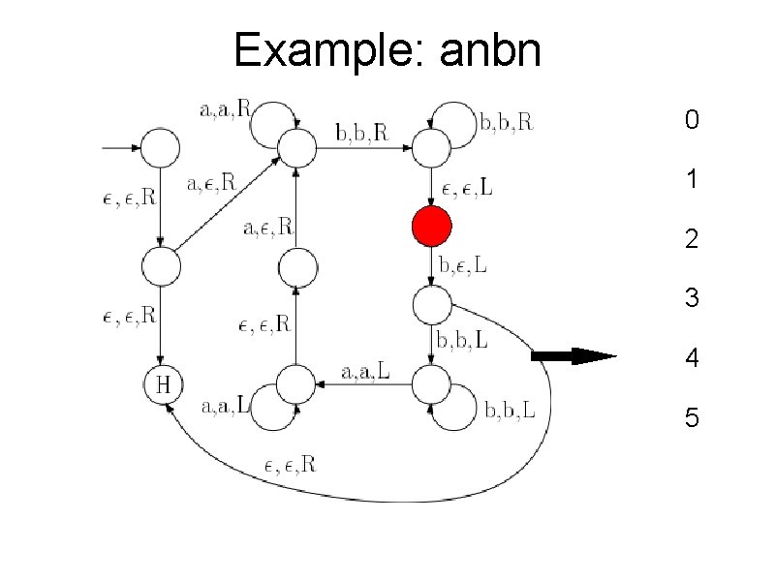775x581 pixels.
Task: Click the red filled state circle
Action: [x=431, y=227]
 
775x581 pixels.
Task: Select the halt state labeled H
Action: [x=163, y=384]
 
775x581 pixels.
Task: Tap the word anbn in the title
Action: [x=489, y=50]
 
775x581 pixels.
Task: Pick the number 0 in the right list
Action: [x=691, y=120]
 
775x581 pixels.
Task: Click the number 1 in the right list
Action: [x=691, y=180]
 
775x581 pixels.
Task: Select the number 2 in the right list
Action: [x=691, y=239]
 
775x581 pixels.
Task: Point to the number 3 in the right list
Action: [x=691, y=299]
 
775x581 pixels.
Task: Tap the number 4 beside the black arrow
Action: [x=691, y=359]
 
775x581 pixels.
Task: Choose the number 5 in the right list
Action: [x=691, y=419]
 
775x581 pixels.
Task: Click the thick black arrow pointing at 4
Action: [x=573, y=356]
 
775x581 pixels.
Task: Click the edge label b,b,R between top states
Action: [x=361, y=133]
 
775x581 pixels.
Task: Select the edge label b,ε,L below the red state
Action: [x=464, y=264]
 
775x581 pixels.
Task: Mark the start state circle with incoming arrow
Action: [x=163, y=148]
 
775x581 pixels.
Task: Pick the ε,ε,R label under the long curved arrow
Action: [x=291, y=465]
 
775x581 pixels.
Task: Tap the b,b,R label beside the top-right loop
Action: [x=508, y=122]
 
